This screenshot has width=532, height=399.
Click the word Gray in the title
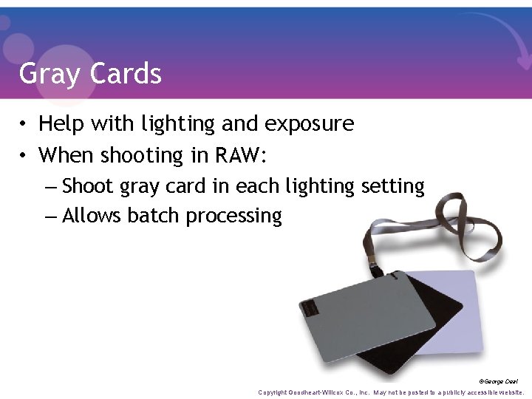pyautogui.click(x=50, y=74)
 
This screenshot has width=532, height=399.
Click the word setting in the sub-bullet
pyautogui.click(x=392, y=186)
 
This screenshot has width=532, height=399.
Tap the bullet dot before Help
pyautogui.click(x=24, y=124)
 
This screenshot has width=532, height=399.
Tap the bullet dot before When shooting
pyautogui.click(x=24, y=156)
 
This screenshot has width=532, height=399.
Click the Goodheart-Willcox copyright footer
pyautogui.click(x=391, y=392)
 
